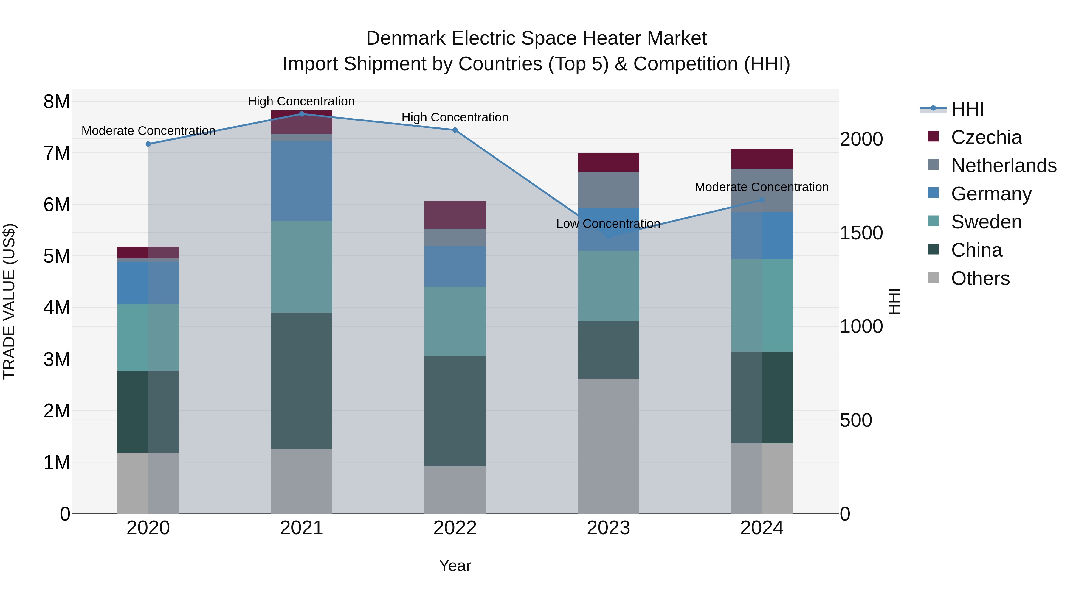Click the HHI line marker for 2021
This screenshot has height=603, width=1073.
coord(302,114)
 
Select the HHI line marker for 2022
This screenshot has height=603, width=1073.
coord(455,130)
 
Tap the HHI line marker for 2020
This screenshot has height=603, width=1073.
coord(148,144)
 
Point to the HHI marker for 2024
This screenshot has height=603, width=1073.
coord(762,200)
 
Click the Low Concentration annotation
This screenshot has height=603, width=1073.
coord(608,224)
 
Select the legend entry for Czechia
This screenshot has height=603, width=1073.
coord(986,137)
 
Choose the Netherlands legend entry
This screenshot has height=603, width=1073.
coord(1003,166)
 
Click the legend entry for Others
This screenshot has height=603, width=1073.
coord(980,278)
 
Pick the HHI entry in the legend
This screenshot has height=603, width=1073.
coord(967,109)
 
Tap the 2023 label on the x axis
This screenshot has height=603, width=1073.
coord(608,528)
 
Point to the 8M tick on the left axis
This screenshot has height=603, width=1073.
coord(57,102)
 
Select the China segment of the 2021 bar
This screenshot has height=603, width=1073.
coord(302,381)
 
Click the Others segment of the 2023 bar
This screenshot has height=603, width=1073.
coord(608,446)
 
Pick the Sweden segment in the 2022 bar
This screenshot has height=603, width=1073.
coord(455,321)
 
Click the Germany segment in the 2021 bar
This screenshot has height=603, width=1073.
coord(302,181)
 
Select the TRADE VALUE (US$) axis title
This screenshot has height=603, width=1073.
coord(9,301)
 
